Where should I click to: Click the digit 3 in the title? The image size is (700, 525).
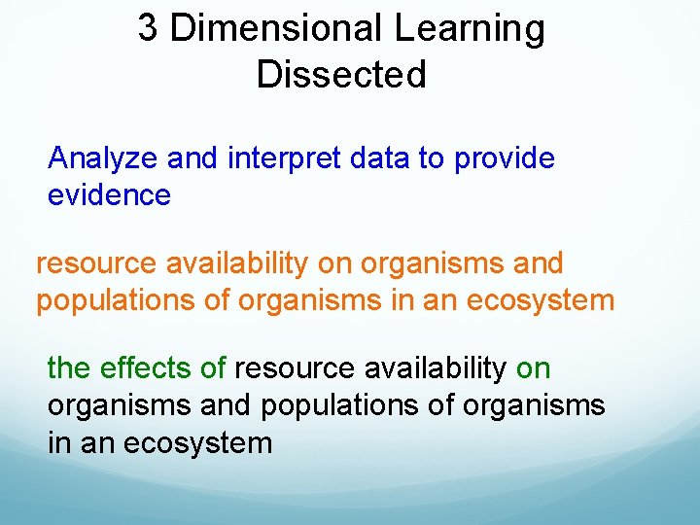[x=148, y=29]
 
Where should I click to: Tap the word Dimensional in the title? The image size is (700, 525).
[x=276, y=29]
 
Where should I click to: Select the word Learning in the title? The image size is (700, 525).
[x=470, y=29]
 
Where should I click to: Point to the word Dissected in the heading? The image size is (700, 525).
[x=341, y=75]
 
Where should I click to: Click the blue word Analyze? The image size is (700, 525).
[x=105, y=158]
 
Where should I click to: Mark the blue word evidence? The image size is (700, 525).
[x=109, y=195]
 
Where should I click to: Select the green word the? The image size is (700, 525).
[x=67, y=368]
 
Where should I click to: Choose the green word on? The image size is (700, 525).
[x=533, y=368]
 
